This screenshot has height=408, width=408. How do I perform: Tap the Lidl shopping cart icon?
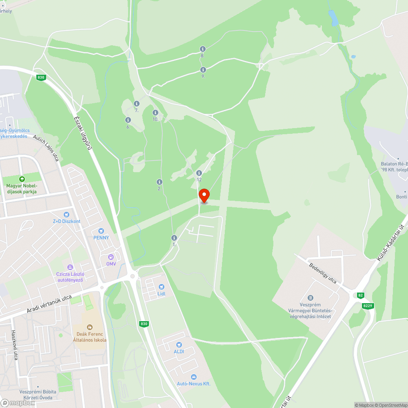point(162,287)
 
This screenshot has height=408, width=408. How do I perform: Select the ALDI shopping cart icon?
point(179,345)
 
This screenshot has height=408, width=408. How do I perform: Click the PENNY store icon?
point(101,231)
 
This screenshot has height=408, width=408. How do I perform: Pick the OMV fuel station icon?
point(111,257)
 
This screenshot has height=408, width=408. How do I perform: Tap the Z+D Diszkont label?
point(67,221)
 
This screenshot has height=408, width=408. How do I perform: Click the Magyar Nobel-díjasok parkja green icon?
point(22,179)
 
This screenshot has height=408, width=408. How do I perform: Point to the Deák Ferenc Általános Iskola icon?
point(90,327)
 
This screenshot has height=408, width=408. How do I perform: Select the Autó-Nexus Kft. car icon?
point(193,377)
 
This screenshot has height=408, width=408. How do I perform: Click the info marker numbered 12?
point(199,173)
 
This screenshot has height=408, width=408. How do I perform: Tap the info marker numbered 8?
point(202,49)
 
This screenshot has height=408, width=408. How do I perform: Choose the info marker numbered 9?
point(203,70)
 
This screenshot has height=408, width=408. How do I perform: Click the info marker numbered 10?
point(155,113)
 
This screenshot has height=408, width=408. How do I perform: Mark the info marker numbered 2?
point(160,182)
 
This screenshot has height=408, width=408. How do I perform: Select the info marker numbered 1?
point(174,238)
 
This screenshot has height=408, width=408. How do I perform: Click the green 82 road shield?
point(360,295)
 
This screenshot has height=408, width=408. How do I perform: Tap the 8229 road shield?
point(367,306)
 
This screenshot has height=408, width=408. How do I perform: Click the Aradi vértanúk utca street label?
point(49,304)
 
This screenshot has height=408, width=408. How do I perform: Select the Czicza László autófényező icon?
point(69,267)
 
